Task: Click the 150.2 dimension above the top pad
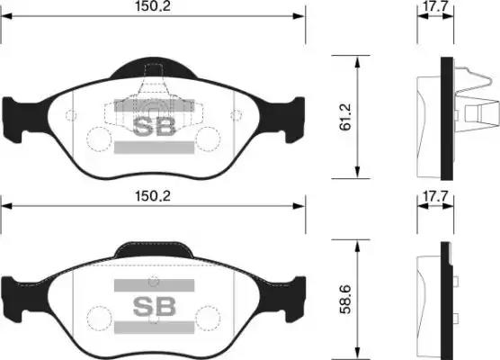click(153, 6)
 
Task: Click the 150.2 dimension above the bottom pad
click(153, 196)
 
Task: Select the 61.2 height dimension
click(345, 117)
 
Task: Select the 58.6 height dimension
click(345, 300)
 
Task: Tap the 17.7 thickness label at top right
click(435, 6)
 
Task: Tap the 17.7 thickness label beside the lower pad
click(435, 196)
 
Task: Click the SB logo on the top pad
click(154, 126)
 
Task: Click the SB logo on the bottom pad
click(154, 306)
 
